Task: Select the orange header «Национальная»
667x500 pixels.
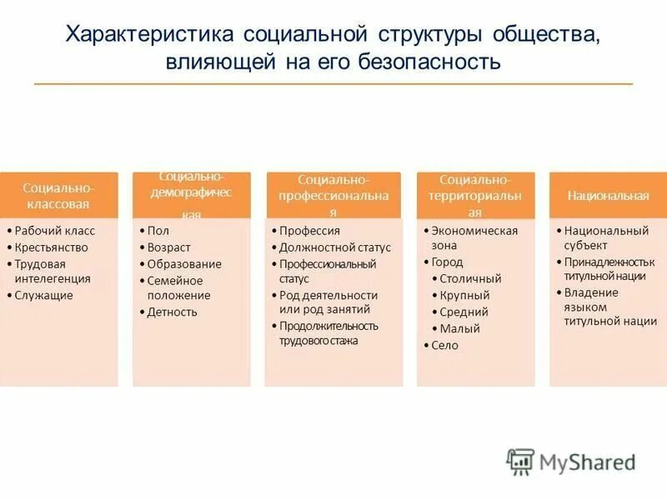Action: (608, 196)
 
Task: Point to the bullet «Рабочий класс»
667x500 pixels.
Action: (55, 231)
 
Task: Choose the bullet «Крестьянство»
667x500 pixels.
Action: (52, 247)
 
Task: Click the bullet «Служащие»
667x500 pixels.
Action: (44, 295)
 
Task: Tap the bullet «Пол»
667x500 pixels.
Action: (158, 231)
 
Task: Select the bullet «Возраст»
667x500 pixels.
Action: (169, 247)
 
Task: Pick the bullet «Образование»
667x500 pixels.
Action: (184, 264)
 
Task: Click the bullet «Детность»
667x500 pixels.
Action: (173, 312)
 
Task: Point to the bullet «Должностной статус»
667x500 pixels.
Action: (334, 247)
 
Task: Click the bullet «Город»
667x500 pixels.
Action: (447, 262)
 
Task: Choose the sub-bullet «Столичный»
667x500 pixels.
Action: (470, 279)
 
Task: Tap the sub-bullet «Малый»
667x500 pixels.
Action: (459, 328)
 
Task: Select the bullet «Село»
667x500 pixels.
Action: (444, 345)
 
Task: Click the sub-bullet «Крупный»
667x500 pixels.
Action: (464, 296)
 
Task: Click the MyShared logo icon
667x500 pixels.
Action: (520, 462)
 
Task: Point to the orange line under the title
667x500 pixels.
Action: (333, 84)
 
